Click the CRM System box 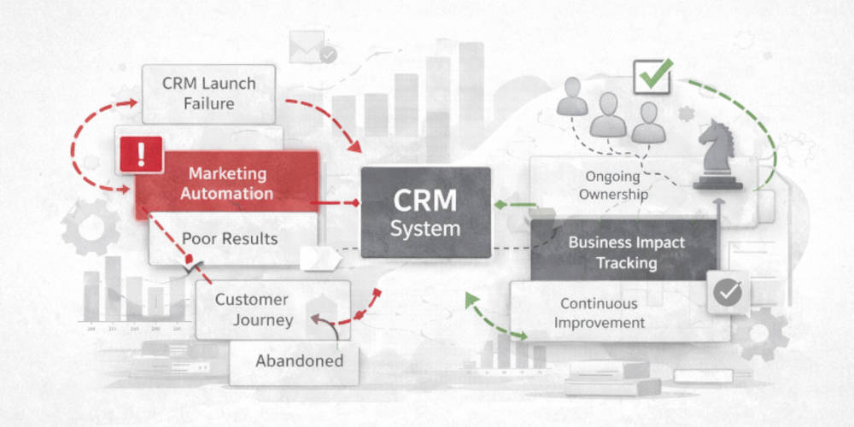425,212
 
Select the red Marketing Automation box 227,183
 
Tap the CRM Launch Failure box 209,93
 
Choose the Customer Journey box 252,309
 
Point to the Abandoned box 299,360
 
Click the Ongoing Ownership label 613,184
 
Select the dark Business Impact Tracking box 625,251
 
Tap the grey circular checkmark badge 727,292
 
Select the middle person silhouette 608,114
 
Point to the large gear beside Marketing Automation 92,226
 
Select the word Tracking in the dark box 626,262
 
